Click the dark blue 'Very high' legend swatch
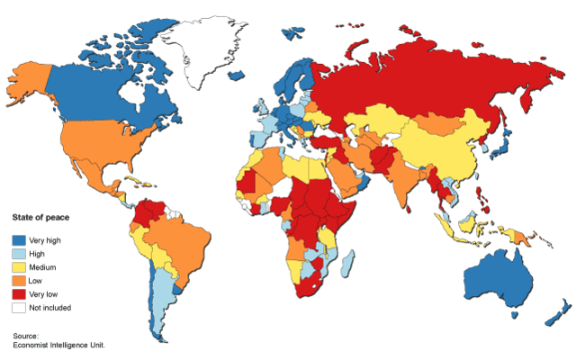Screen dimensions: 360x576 (x=19, y=240)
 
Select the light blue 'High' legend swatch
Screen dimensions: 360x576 (x=19, y=254)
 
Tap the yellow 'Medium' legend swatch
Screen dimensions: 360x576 (x=19, y=267)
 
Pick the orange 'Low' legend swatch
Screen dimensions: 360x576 (x=19, y=281)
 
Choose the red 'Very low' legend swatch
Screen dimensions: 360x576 (x=19, y=294)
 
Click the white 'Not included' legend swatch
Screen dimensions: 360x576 (x=19, y=308)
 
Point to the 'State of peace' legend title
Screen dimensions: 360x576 (x=40, y=218)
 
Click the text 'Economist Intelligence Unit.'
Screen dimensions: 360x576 (x=59, y=344)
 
